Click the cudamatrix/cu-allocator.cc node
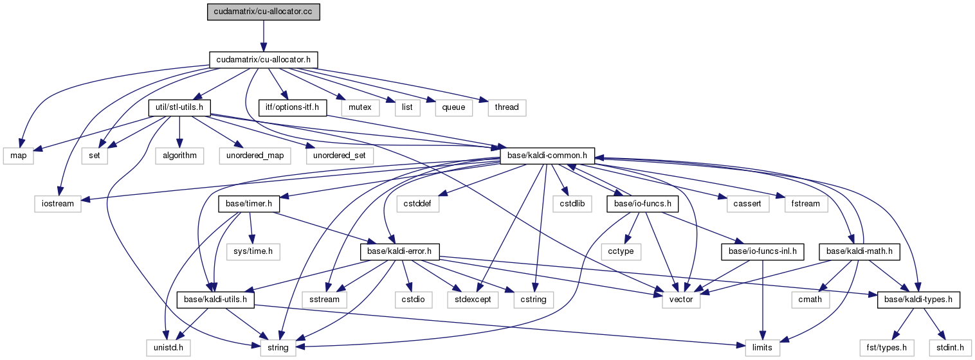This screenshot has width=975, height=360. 263,12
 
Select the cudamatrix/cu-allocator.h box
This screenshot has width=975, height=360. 263,60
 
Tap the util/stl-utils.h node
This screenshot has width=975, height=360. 180,107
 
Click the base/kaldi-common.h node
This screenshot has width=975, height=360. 547,156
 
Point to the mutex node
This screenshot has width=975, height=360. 360,107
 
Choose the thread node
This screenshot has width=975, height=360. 507,107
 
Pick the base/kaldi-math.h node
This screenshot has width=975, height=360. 858,251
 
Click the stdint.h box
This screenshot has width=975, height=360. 951,348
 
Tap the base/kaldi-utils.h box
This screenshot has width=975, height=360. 216,300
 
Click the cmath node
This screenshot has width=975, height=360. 810,300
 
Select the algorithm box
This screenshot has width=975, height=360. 179,156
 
